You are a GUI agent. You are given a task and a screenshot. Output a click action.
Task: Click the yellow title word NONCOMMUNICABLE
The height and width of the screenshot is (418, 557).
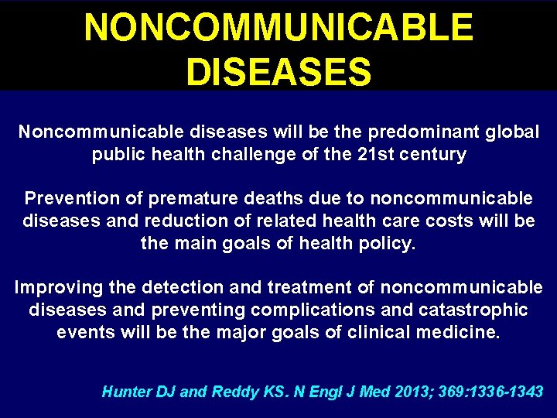278,28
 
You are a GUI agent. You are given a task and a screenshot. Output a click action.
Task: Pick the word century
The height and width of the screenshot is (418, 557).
435,155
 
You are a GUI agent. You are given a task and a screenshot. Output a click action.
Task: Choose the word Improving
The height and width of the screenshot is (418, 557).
59,288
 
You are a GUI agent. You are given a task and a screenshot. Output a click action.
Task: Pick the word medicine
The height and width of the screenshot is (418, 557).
460,333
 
